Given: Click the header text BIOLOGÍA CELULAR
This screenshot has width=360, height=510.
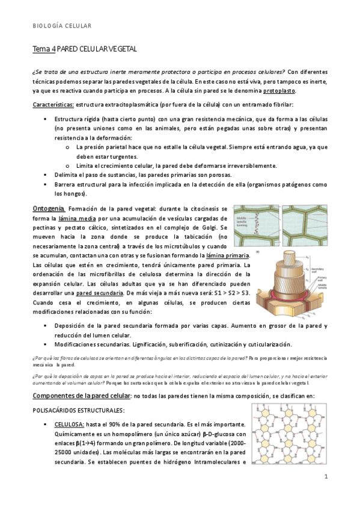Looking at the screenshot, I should coord(62,26).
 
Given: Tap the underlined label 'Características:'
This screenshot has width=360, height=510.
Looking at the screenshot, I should coord(53,105).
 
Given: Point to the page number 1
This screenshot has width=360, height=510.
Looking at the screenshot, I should coord(325,477).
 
